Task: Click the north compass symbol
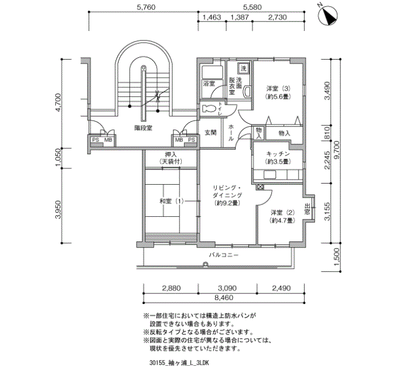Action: [328, 16]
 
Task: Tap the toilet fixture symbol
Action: [209, 109]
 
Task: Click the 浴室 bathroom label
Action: [209, 84]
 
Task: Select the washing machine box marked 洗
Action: [243, 68]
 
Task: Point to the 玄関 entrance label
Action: [210, 132]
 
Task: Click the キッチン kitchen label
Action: [278, 154]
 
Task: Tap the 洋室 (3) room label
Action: [279, 89]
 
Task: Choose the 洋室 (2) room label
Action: [282, 213]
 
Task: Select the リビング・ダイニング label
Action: [227, 191]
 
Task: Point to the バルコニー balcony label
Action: [223, 255]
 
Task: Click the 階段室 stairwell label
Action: [143, 128]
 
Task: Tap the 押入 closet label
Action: [170, 154]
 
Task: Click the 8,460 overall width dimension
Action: [224, 298]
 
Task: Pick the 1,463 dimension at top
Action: [212, 17]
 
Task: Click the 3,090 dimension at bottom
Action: [227, 288]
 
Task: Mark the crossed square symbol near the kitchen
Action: [260, 187]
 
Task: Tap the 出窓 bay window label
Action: [307, 209]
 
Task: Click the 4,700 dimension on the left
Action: [58, 102]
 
